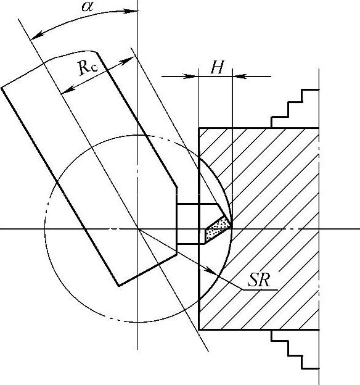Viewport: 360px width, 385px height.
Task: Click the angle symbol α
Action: tap(88, 6)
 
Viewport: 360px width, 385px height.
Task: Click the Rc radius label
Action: tap(88, 67)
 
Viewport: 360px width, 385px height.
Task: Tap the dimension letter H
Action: tap(218, 67)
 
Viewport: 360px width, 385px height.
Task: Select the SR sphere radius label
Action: tap(259, 279)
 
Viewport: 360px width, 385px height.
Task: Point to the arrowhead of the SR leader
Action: tap(212, 271)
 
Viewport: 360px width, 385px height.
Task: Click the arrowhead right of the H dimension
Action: tap(240, 77)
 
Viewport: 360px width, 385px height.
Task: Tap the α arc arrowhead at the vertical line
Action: tap(131, 11)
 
